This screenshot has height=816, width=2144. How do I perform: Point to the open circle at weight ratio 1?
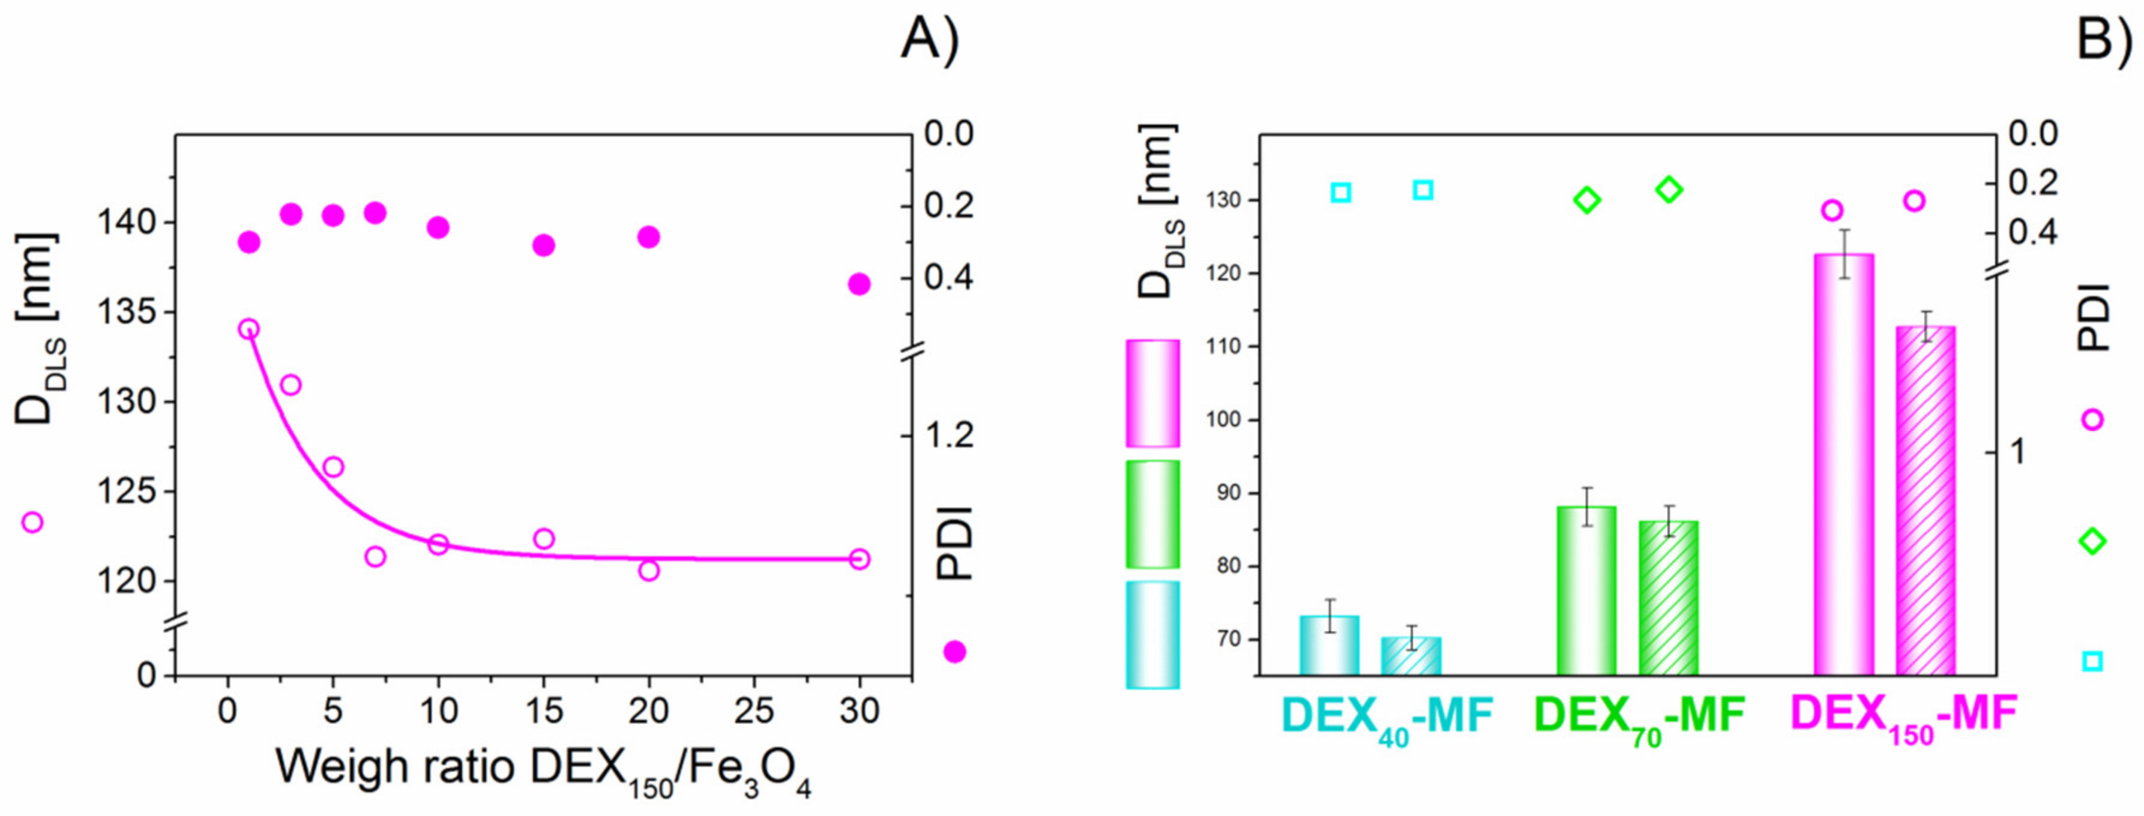pos(248,329)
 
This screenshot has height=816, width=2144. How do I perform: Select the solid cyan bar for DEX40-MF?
pos(1329,644)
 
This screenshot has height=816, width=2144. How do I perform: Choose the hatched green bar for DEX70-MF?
pos(1669,597)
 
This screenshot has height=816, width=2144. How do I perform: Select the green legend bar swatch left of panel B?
pos(1153,514)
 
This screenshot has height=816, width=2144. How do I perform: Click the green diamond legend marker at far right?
pos(2092,541)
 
